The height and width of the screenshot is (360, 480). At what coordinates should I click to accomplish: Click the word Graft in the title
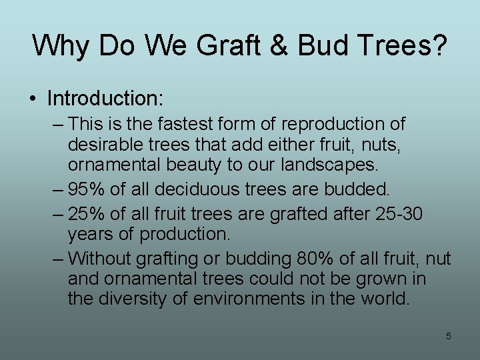point(219,46)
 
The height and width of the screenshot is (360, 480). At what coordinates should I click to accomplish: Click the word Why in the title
point(61,46)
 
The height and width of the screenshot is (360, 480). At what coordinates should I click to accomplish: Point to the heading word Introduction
point(105,99)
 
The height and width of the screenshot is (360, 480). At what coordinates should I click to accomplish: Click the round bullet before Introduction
point(33,99)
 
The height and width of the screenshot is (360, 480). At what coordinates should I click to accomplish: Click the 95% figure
point(87,189)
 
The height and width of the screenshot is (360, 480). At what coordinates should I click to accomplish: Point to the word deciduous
point(201,189)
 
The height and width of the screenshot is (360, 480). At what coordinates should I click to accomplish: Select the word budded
point(356,189)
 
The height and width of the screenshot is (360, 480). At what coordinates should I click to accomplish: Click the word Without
point(99,258)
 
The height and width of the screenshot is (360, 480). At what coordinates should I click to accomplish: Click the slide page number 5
point(448,336)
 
